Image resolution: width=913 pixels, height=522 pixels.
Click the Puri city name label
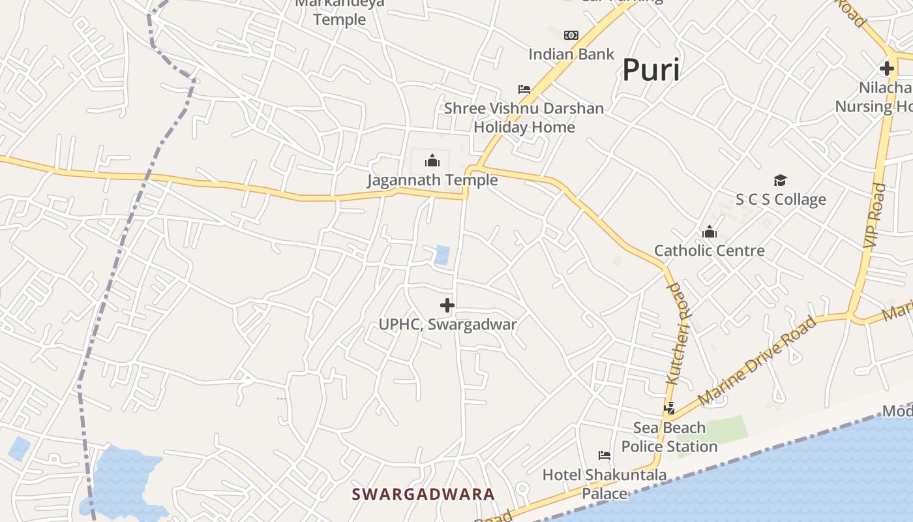click(x=651, y=70)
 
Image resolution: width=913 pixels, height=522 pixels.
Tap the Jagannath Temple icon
click(x=432, y=161)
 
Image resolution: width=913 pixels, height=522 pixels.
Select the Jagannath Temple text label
click(x=432, y=180)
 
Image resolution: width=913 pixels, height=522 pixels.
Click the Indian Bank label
click(x=571, y=54)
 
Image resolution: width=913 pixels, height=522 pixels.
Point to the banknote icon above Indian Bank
click(x=571, y=35)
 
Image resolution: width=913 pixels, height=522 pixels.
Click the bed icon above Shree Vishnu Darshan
click(x=524, y=89)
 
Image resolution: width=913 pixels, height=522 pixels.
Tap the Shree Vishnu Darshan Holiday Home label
click(x=524, y=117)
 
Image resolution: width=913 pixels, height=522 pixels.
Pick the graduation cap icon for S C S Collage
click(x=780, y=180)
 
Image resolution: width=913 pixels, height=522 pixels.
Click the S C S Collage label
click(x=781, y=200)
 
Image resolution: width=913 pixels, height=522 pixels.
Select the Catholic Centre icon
click(x=709, y=232)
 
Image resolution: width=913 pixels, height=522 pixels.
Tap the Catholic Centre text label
click(x=709, y=251)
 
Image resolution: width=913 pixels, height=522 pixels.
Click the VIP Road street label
click(x=875, y=215)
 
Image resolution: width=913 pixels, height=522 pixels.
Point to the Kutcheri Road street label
click(x=678, y=333)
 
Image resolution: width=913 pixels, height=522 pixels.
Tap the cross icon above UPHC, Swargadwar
click(x=447, y=305)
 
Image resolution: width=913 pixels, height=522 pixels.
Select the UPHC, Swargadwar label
click(x=447, y=324)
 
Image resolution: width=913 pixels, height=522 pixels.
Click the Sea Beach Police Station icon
click(x=669, y=408)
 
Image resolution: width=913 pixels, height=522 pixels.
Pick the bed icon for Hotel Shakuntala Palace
click(x=605, y=455)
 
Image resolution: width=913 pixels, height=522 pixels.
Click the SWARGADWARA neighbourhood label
click(x=423, y=494)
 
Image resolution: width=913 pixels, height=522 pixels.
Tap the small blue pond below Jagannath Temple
click(x=442, y=254)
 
